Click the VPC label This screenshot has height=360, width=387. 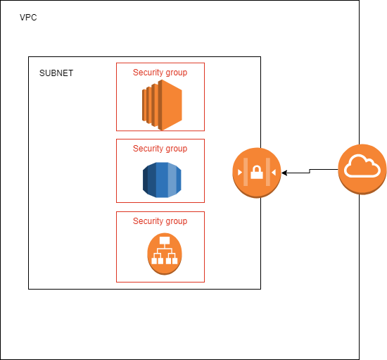[x=28, y=17]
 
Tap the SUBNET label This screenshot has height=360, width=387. [x=56, y=73]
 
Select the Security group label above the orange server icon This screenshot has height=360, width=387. [x=160, y=72]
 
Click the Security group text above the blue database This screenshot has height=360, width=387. [x=160, y=149]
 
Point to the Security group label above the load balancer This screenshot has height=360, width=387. [x=160, y=221]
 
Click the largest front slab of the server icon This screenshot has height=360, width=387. [x=172, y=106]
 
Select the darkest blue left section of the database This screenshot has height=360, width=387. [x=148, y=180]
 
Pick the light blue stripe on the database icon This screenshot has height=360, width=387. [x=172, y=180]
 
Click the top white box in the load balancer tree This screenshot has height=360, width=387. [x=165, y=240]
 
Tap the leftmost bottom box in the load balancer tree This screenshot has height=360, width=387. [x=154, y=261]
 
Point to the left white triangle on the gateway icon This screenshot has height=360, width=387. [x=241, y=171]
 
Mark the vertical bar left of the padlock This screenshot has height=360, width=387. [x=246, y=171]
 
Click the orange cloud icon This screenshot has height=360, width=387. [x=362, y=168]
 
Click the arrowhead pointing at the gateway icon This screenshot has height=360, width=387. [x=285, y=172]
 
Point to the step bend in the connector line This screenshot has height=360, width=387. [x=310, y=170]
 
